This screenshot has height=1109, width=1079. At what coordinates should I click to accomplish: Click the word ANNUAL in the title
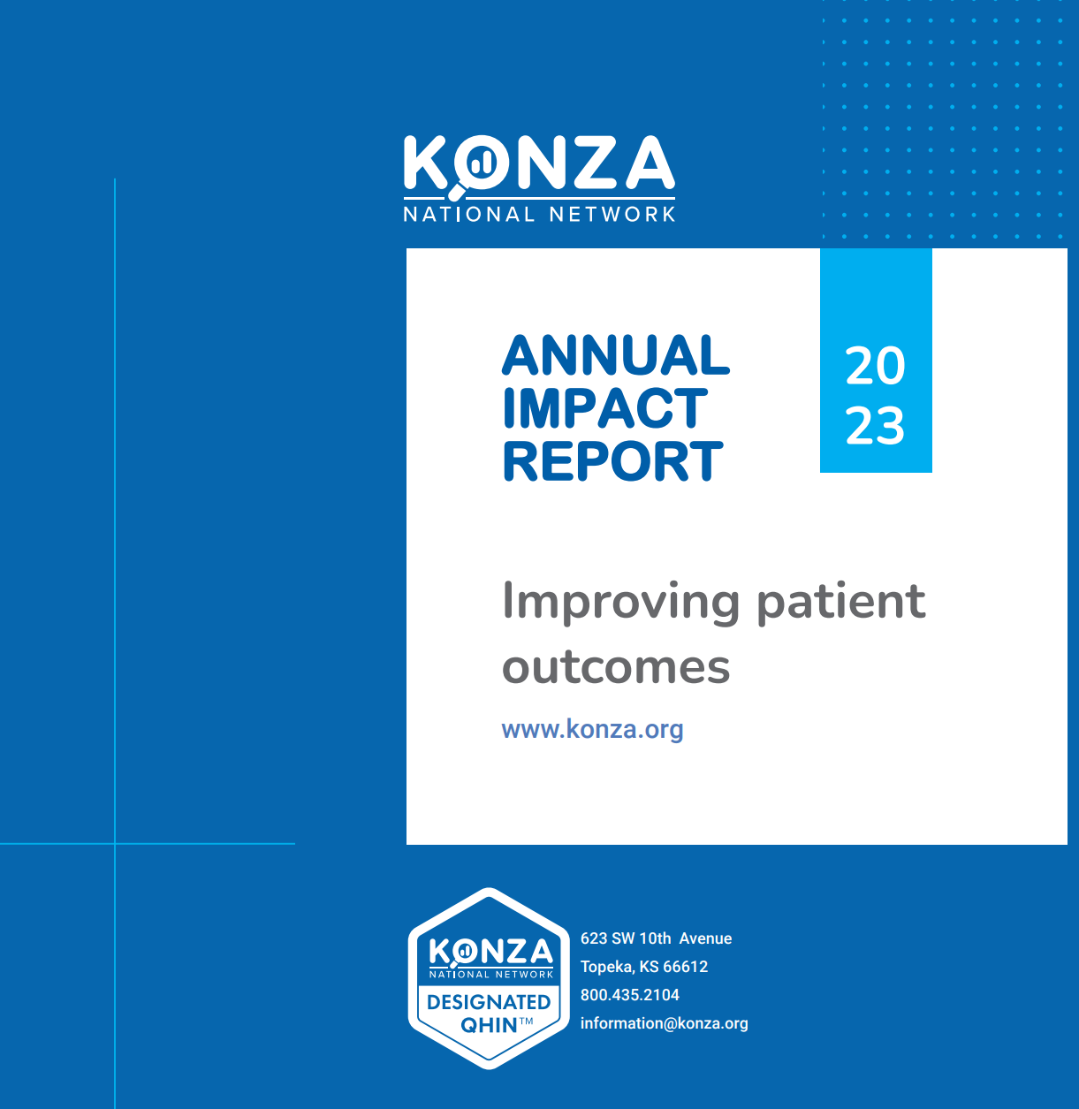tap(616, 355)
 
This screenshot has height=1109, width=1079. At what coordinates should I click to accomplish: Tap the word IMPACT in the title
tap(605, 408)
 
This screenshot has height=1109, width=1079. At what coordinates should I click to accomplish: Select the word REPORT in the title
tap(612, 461)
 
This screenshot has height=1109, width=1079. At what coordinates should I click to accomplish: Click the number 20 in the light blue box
tap(875, 366)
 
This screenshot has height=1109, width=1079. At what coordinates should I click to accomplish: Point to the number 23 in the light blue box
tap(875, 426)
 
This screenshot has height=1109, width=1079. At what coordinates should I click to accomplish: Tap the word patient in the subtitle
tap(841, 601)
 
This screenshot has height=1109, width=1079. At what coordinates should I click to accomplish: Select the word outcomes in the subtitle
tap(616, 666)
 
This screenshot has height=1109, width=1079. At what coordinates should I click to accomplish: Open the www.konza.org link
tap(592, 729)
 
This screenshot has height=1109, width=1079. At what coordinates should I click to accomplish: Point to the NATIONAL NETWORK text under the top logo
tap(539, 214)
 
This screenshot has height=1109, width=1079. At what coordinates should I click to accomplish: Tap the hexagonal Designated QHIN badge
tap(489, 978)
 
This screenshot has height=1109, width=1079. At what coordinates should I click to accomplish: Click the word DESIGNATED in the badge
tap(489, 1002)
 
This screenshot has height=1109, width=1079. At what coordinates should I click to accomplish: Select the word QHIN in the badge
tap(489, 1025)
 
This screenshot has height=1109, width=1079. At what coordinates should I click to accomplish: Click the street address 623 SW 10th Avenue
tap(656, 938)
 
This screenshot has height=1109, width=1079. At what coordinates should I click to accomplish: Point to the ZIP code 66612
tap(685, 967)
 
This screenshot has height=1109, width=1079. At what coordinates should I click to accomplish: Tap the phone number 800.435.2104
tap(630, 995)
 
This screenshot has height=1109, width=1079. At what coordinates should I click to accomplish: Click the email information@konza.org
tap(664, 1023)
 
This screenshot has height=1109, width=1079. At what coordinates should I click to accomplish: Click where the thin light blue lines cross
tap(115, 844)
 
